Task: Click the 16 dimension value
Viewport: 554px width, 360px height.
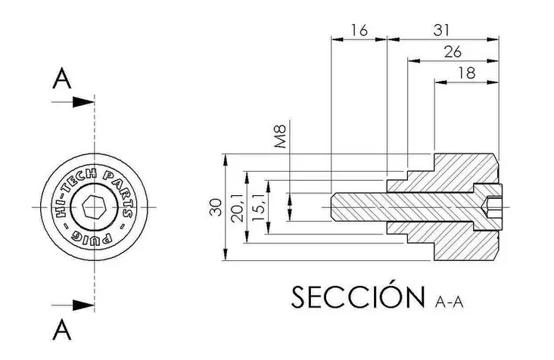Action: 359,30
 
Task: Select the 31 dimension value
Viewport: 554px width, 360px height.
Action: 441,30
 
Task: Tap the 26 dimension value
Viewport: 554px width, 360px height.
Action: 453,52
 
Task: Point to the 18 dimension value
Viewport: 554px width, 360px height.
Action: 467,73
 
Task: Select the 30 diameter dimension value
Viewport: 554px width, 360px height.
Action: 216,207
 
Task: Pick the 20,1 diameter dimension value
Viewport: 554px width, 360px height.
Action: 238,207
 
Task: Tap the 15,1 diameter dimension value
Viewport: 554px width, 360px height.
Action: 259,207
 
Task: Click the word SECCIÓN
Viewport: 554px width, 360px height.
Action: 358,296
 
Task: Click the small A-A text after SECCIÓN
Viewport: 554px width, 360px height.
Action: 449,302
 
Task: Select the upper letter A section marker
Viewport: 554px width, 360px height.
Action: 62,79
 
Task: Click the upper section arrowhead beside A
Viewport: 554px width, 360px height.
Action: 83,102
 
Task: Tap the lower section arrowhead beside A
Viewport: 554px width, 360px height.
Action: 83,306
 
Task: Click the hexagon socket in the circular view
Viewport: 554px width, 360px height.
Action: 95,206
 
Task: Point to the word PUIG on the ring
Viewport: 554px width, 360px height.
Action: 92,237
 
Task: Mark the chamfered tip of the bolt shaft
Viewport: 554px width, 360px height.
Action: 334,206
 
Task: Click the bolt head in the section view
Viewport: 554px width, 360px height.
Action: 487,207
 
